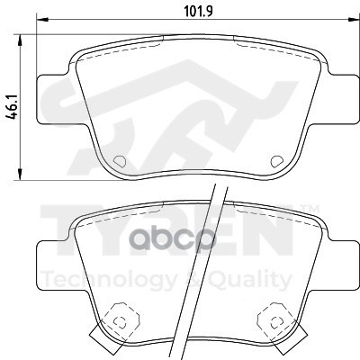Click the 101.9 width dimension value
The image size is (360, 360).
click(x=198, y=12)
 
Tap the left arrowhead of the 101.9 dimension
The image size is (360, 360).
click(x=42, y=20)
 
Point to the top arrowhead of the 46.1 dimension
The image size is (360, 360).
click(x=20, y=40)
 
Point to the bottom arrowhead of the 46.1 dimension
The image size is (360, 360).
click(x=20, y=175)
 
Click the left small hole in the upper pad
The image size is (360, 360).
click(x=120, y=161)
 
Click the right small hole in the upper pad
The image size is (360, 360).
click(x=276, y=161)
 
